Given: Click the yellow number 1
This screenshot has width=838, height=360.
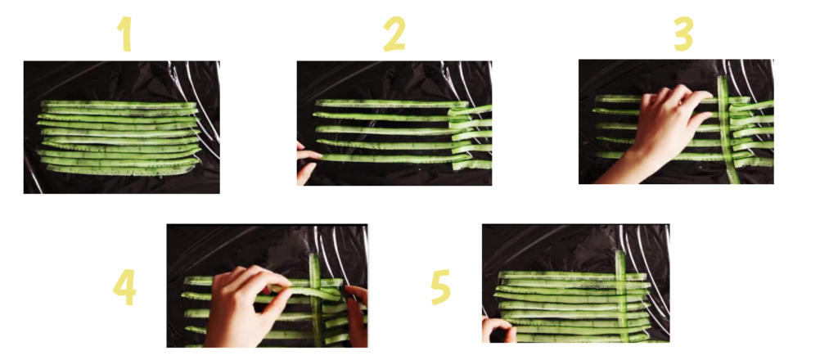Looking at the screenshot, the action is [125, 34].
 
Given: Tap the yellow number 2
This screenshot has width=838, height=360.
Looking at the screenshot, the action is [394, 34].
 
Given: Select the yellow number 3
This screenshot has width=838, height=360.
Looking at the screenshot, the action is [683, 34].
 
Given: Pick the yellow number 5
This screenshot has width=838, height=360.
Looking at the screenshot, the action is [441, 287].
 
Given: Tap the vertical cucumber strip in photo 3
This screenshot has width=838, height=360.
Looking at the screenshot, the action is [727, 130].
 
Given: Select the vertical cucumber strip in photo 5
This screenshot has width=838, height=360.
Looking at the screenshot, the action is [622, 295].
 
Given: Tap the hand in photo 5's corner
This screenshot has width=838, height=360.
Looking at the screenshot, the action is [498, 330].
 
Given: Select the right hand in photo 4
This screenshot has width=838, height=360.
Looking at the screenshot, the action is [357, 314].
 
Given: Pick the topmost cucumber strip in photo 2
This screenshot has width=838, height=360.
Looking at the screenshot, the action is [392, 104].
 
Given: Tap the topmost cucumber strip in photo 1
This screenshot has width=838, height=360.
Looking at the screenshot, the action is [119, 104].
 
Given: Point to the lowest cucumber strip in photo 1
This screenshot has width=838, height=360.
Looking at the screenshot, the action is [119, 171].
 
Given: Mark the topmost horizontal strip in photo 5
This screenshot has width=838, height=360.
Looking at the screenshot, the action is [573, 276].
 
